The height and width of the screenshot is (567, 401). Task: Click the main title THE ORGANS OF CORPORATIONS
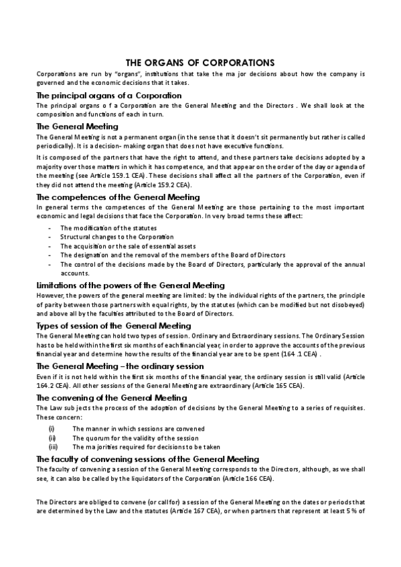click(x=200, y=62)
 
